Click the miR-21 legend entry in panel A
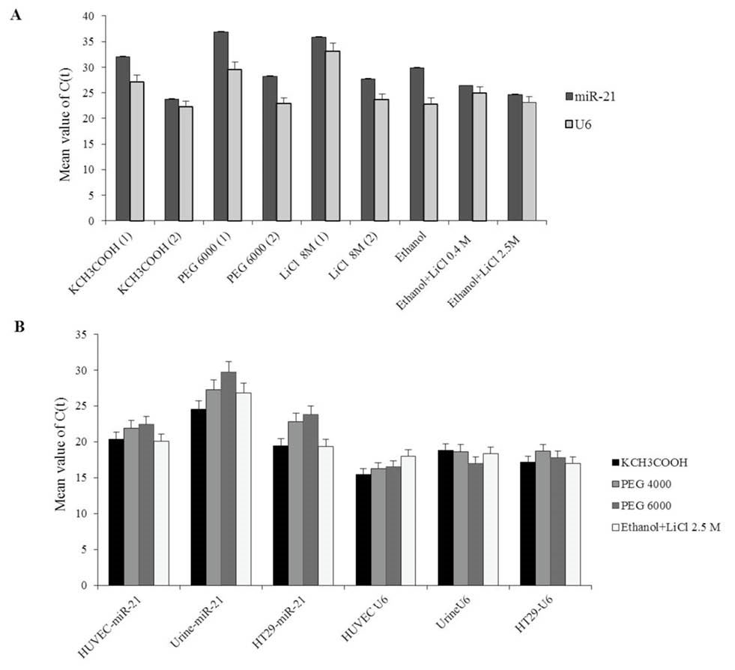coord(599,96)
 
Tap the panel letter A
coord(14,15)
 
